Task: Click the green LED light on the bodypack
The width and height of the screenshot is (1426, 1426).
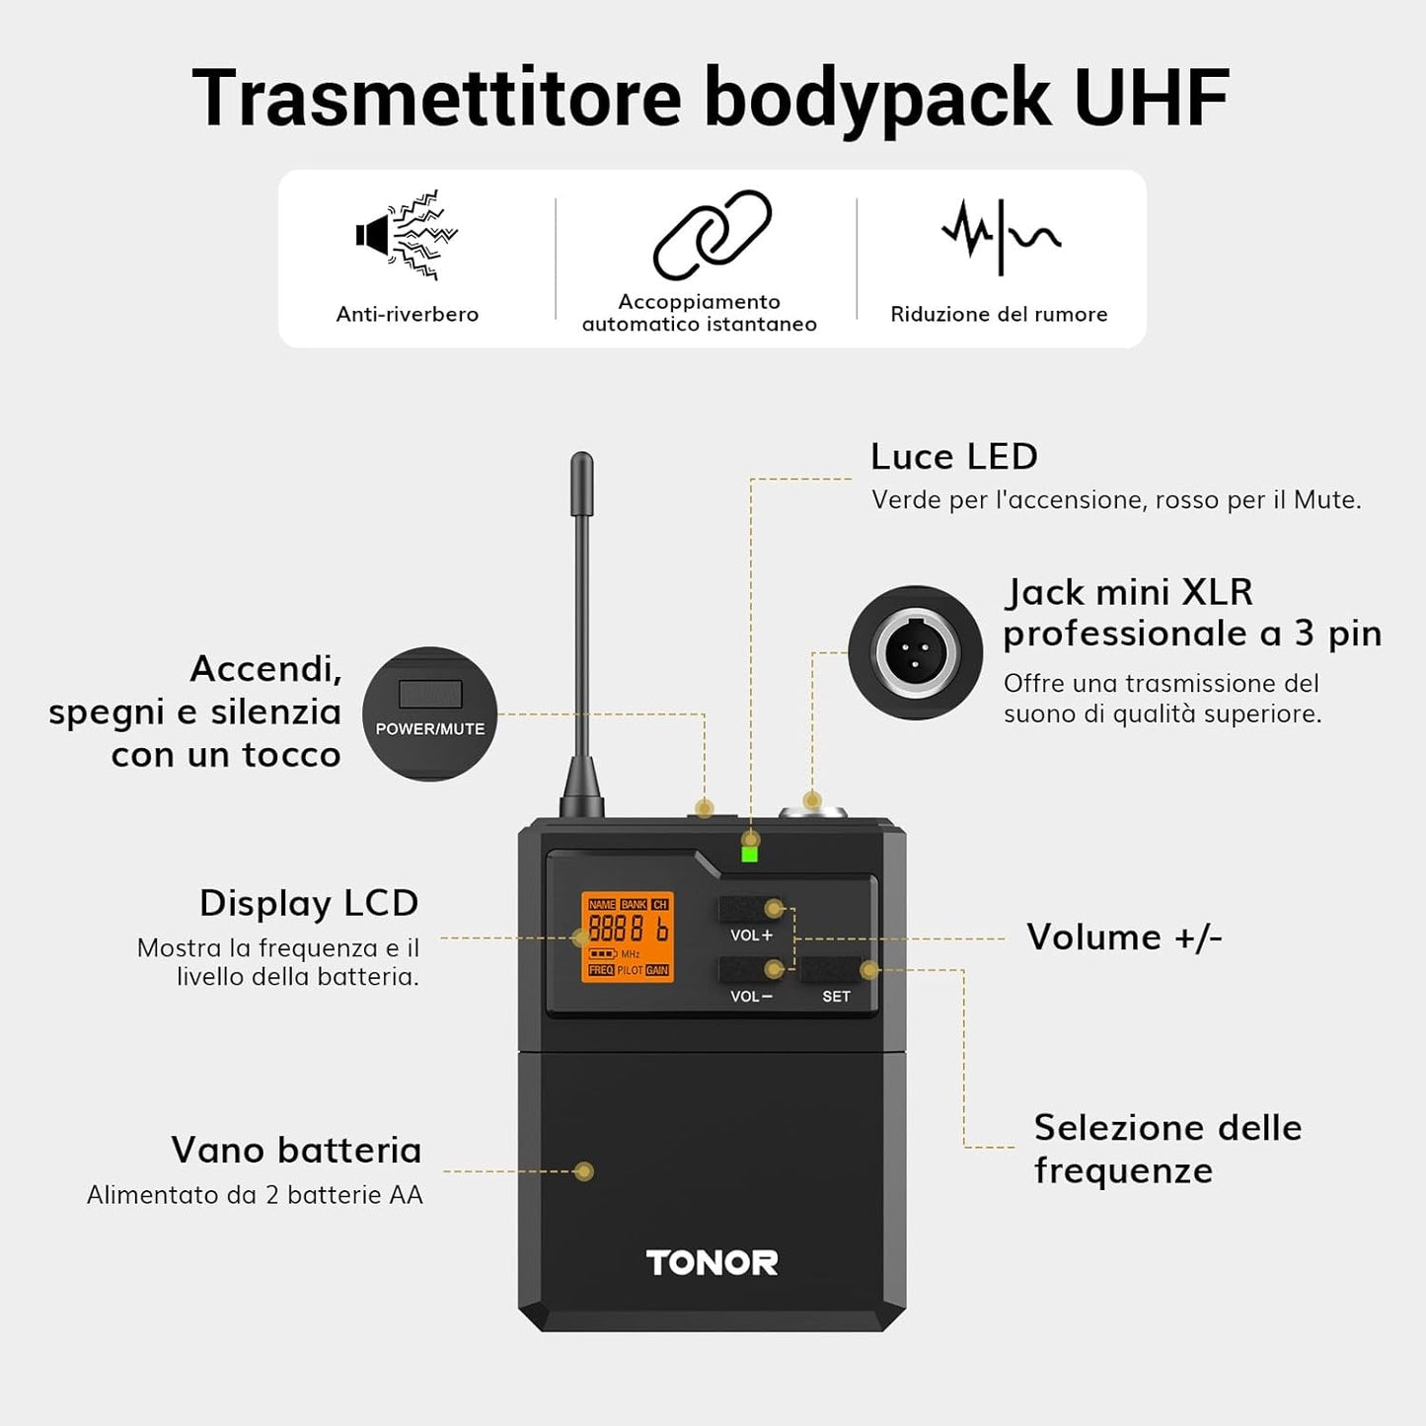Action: click(750, 854)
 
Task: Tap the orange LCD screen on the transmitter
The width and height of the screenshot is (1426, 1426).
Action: click(628, 937)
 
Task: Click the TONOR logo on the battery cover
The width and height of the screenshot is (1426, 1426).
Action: click(712, 1262)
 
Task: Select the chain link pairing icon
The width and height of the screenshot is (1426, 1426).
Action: click(712, 235)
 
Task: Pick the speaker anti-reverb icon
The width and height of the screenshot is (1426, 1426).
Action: click(407, 235)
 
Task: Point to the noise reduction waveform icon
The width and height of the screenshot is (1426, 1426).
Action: click(1001, 235)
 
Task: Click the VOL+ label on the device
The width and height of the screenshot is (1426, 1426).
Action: click(751, 935)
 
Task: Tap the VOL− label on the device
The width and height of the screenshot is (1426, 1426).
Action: click(751, 996)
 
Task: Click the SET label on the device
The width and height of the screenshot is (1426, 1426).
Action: click(836, 996)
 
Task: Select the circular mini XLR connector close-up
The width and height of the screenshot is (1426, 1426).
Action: click(916, 652)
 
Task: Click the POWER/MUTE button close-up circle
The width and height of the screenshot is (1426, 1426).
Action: click(429, 713)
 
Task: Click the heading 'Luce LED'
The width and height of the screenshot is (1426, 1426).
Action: click(954, 456)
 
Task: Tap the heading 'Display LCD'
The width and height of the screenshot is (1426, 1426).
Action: click(309, 903)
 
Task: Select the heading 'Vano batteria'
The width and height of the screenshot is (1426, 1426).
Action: click(296, 1150)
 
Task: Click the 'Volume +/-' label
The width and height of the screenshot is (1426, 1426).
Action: click(1124, 937)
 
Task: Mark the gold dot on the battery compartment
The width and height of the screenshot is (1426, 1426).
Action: click(584, 1171)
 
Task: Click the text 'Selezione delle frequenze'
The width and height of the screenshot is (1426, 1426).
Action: click(1167, 1149)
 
